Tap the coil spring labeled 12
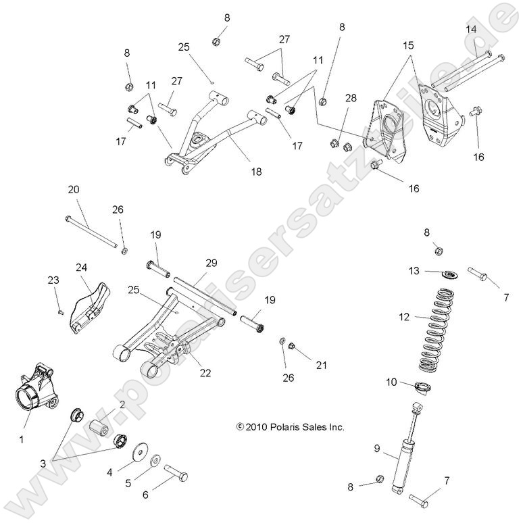pyautogui.click(x=437, y=330)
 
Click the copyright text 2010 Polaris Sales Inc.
pyautogui.click(x=291, y=427)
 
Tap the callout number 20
pyautogui.click(x=73, y=190)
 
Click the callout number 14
pyautogui.click(x=471, y=28)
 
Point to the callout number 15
pyautogui.click(x=407, y=45)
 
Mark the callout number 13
pyautogui.click(x=414, y=271)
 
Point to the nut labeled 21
pyautogui.click(x=292, y=347)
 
